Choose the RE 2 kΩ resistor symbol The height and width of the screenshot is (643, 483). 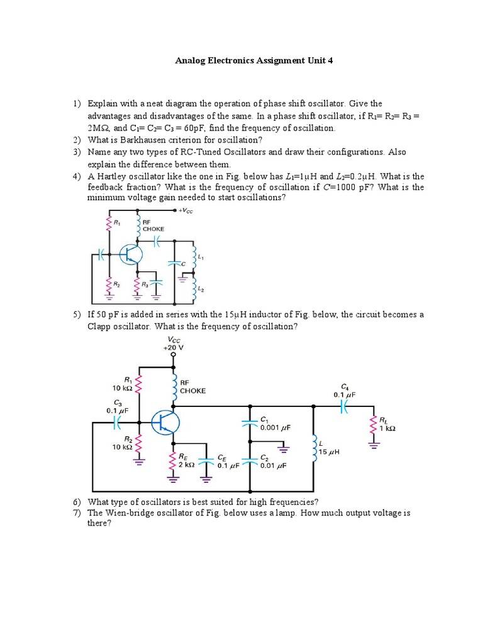click(172, 462)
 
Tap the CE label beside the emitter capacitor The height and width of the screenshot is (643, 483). click(222, 458)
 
